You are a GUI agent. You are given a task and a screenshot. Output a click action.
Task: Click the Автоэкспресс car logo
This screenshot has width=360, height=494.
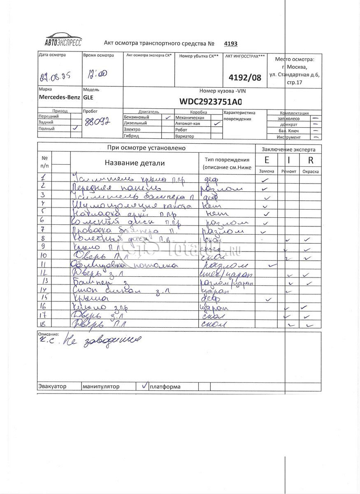(x=63, y=40)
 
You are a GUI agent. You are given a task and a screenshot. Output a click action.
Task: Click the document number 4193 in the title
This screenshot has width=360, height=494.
(x=231, y=44)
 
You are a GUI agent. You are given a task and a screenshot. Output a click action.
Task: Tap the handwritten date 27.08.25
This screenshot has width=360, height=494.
(x=54, y=77)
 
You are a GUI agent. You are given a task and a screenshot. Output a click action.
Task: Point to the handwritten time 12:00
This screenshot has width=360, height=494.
(x=97, y=74)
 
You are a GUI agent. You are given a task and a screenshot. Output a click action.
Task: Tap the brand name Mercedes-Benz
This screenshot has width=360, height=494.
(x=59, y=98)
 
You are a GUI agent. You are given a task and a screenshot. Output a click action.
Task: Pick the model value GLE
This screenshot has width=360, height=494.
(x=88, y=98)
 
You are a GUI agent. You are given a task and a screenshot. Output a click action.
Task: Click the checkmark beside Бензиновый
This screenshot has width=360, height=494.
(x=167, y=117)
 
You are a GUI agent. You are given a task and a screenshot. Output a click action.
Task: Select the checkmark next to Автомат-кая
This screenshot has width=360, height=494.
(x=217, y=123)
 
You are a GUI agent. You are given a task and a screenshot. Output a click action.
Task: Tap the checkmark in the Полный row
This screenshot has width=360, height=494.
(x=75, y=128)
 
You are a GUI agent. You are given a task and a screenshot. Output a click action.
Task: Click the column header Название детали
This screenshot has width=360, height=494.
(x=135, y=163)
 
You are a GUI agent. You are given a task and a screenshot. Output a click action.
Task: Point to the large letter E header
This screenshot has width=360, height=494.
(x=267, y=161)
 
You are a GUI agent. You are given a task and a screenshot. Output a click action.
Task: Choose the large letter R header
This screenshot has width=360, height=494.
(x=311, y=161)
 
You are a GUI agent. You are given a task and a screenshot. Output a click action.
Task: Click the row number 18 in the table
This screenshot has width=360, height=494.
(x=44, y=324)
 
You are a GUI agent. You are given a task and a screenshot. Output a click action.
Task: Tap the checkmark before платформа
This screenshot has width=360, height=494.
(x=144, y=386)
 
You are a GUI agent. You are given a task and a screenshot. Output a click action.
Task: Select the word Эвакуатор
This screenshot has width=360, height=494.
(x=52, y=387)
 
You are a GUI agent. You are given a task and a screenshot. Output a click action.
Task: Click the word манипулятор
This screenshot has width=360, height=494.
(x=101, y=387)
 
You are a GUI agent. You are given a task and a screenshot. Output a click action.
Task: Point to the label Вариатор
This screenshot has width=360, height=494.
(x=184, y=136)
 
